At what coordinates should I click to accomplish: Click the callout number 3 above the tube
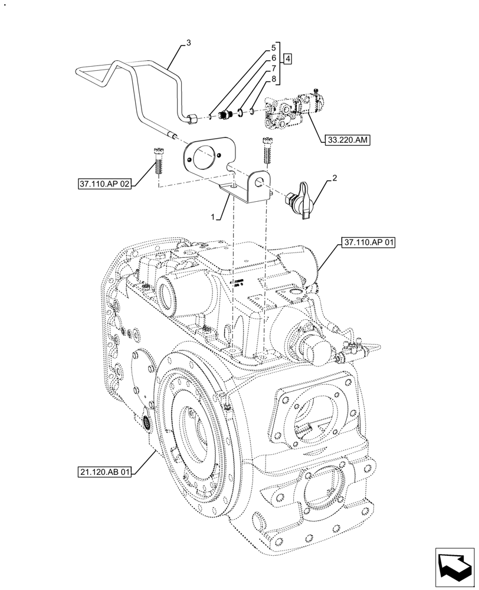coord(189,42)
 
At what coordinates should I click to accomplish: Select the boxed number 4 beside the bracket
coord(287,58)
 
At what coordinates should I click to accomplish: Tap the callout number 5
coord(274,47)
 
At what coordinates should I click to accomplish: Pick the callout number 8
coord(274,78)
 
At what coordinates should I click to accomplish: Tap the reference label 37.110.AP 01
coord(366,242)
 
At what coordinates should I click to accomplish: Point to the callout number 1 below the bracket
coord(219,217)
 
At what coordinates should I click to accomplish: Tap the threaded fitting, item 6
coord(224,114)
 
